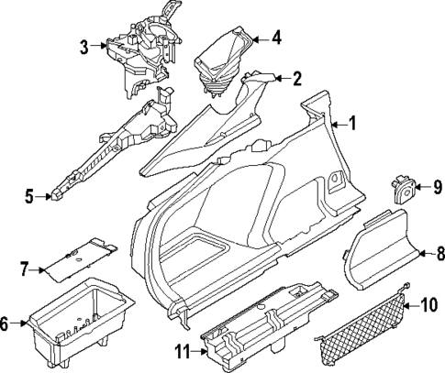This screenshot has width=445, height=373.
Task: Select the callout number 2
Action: click(296, 78)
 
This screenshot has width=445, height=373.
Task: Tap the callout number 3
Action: click(83, 46)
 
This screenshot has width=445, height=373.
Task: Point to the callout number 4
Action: click(276, 38)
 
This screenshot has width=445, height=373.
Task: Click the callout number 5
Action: click(29, 195)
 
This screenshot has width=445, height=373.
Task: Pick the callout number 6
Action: click(6, 324)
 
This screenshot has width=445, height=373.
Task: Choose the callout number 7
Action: click(25, 269)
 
